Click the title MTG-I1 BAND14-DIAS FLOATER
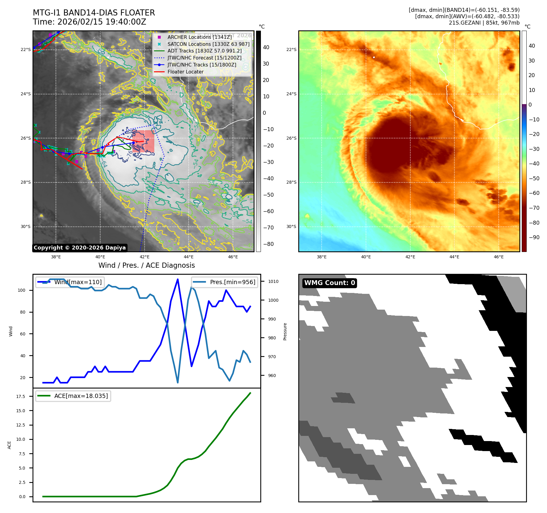(x=94, y=13)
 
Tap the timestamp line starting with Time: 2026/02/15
(x=90, y=22)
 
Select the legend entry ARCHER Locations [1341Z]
(x=199, y=37)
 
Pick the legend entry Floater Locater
(x=185, y=72)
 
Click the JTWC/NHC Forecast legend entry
(x=204, y=58)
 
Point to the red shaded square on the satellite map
(x=143, y=141)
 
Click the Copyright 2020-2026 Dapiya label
(x=80, y=248)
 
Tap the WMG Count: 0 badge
(x=330, y=283)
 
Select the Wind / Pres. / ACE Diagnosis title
(x=146, y=265)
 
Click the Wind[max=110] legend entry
(x=78, y=282)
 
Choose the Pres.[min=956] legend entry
(x=232, y=282)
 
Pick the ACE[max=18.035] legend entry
(x=81, y=396)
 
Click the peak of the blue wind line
(x=178, y=279)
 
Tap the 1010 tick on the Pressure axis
(x=273, y=281)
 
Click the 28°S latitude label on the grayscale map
(x=26, y=182)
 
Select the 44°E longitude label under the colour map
(x=454, y=257)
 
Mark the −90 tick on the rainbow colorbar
(x=534, y=237)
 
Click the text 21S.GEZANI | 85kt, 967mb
(x=484, y=23)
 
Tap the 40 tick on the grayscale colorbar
(x=266, y=47)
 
